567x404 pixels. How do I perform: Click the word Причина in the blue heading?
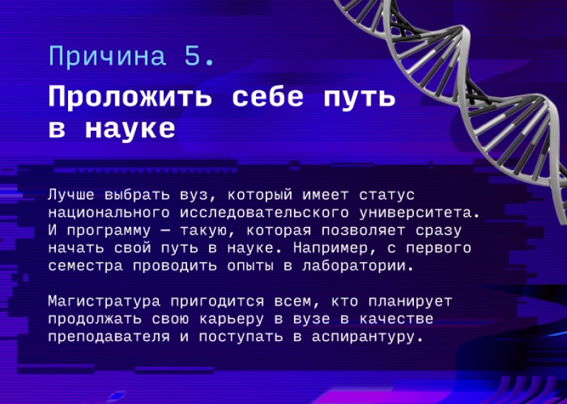(x=108, y=57)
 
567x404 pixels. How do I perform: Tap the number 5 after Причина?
(x=193, y=56)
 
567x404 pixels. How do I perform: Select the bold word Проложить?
(x=130, y=98)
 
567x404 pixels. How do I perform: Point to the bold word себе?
(x=268, y=97)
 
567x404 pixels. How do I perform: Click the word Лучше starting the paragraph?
(x=72, y=195)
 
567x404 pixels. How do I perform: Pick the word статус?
(x=386, y=195)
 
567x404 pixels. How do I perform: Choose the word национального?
(x=109, y=213)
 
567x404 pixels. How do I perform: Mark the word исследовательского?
(x=264, y=213)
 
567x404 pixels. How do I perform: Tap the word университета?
(x=415, y=214)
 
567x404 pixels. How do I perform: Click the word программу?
(x=109, y=231)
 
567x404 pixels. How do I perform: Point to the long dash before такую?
(x=165, y=231)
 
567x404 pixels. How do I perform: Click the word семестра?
(x=86, y=267)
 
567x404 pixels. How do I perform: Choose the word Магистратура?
(x=104, y=302)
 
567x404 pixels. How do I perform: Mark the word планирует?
(x=410, y=302)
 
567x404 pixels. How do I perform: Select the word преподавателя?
(x=109, y=337)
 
